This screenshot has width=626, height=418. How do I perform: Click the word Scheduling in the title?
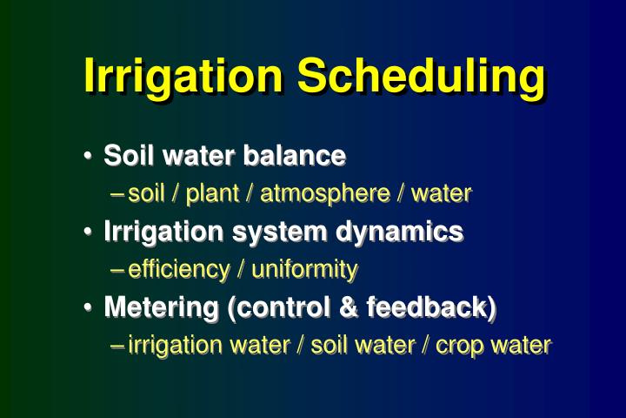click(421, 78)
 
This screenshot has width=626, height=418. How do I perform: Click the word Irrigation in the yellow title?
click(185, 76)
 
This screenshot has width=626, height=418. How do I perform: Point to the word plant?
click(212, 193)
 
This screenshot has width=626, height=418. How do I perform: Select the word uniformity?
click(304, 269)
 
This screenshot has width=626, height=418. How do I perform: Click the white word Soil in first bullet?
click(124, 156)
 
